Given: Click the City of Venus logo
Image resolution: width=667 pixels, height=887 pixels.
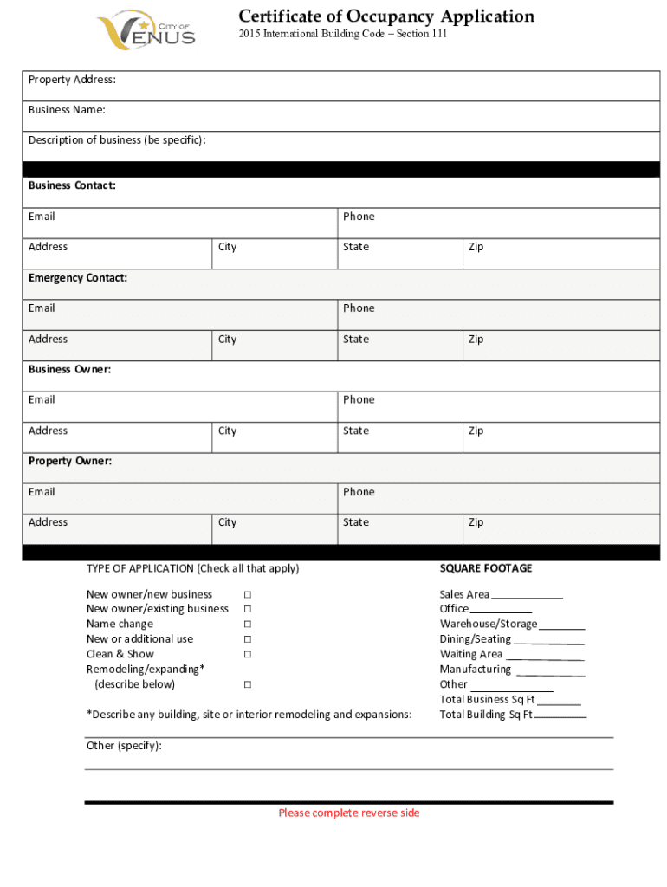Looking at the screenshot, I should tap(146, 30).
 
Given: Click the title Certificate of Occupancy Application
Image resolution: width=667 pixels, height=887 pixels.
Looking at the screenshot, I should tap(385, 16).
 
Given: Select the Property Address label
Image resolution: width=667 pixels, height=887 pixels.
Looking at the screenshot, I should tap(72, 80).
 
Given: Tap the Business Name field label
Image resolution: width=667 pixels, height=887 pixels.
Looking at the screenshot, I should tap(67, 110).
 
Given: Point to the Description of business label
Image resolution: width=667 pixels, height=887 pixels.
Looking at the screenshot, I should tap(117, 140).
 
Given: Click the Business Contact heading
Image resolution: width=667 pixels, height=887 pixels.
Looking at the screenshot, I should tap(72, 185).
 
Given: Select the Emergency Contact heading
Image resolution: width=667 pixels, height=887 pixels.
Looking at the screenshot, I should tap(77, 278).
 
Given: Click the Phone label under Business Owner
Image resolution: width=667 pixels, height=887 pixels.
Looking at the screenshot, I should tap(359, 399).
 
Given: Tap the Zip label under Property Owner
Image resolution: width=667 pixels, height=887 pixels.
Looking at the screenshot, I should tap(476, 522).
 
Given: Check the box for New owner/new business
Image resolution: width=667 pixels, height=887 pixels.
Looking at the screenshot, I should tap(247, 594).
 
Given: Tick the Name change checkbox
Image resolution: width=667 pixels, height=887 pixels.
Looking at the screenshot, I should tap(247, 625).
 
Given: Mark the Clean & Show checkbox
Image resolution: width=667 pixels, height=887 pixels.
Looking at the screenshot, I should tap(247, 654).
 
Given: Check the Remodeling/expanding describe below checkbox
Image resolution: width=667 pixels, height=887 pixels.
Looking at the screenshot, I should tap(247, 684).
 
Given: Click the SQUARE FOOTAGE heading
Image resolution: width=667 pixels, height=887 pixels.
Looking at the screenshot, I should tap(485, 568).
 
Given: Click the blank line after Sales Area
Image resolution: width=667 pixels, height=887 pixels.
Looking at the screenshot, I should tap(527, 596).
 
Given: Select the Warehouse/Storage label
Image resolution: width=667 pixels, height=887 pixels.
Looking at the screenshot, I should tap(488, 624).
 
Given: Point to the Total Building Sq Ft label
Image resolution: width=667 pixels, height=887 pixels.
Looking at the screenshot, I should tap(485, 715).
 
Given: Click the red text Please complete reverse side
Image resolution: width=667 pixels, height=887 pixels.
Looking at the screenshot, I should tap(348, 813).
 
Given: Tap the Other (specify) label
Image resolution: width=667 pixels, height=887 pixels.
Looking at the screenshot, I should tap(124, 745).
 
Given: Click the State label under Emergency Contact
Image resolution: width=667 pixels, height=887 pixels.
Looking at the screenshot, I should tap(355, 340).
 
